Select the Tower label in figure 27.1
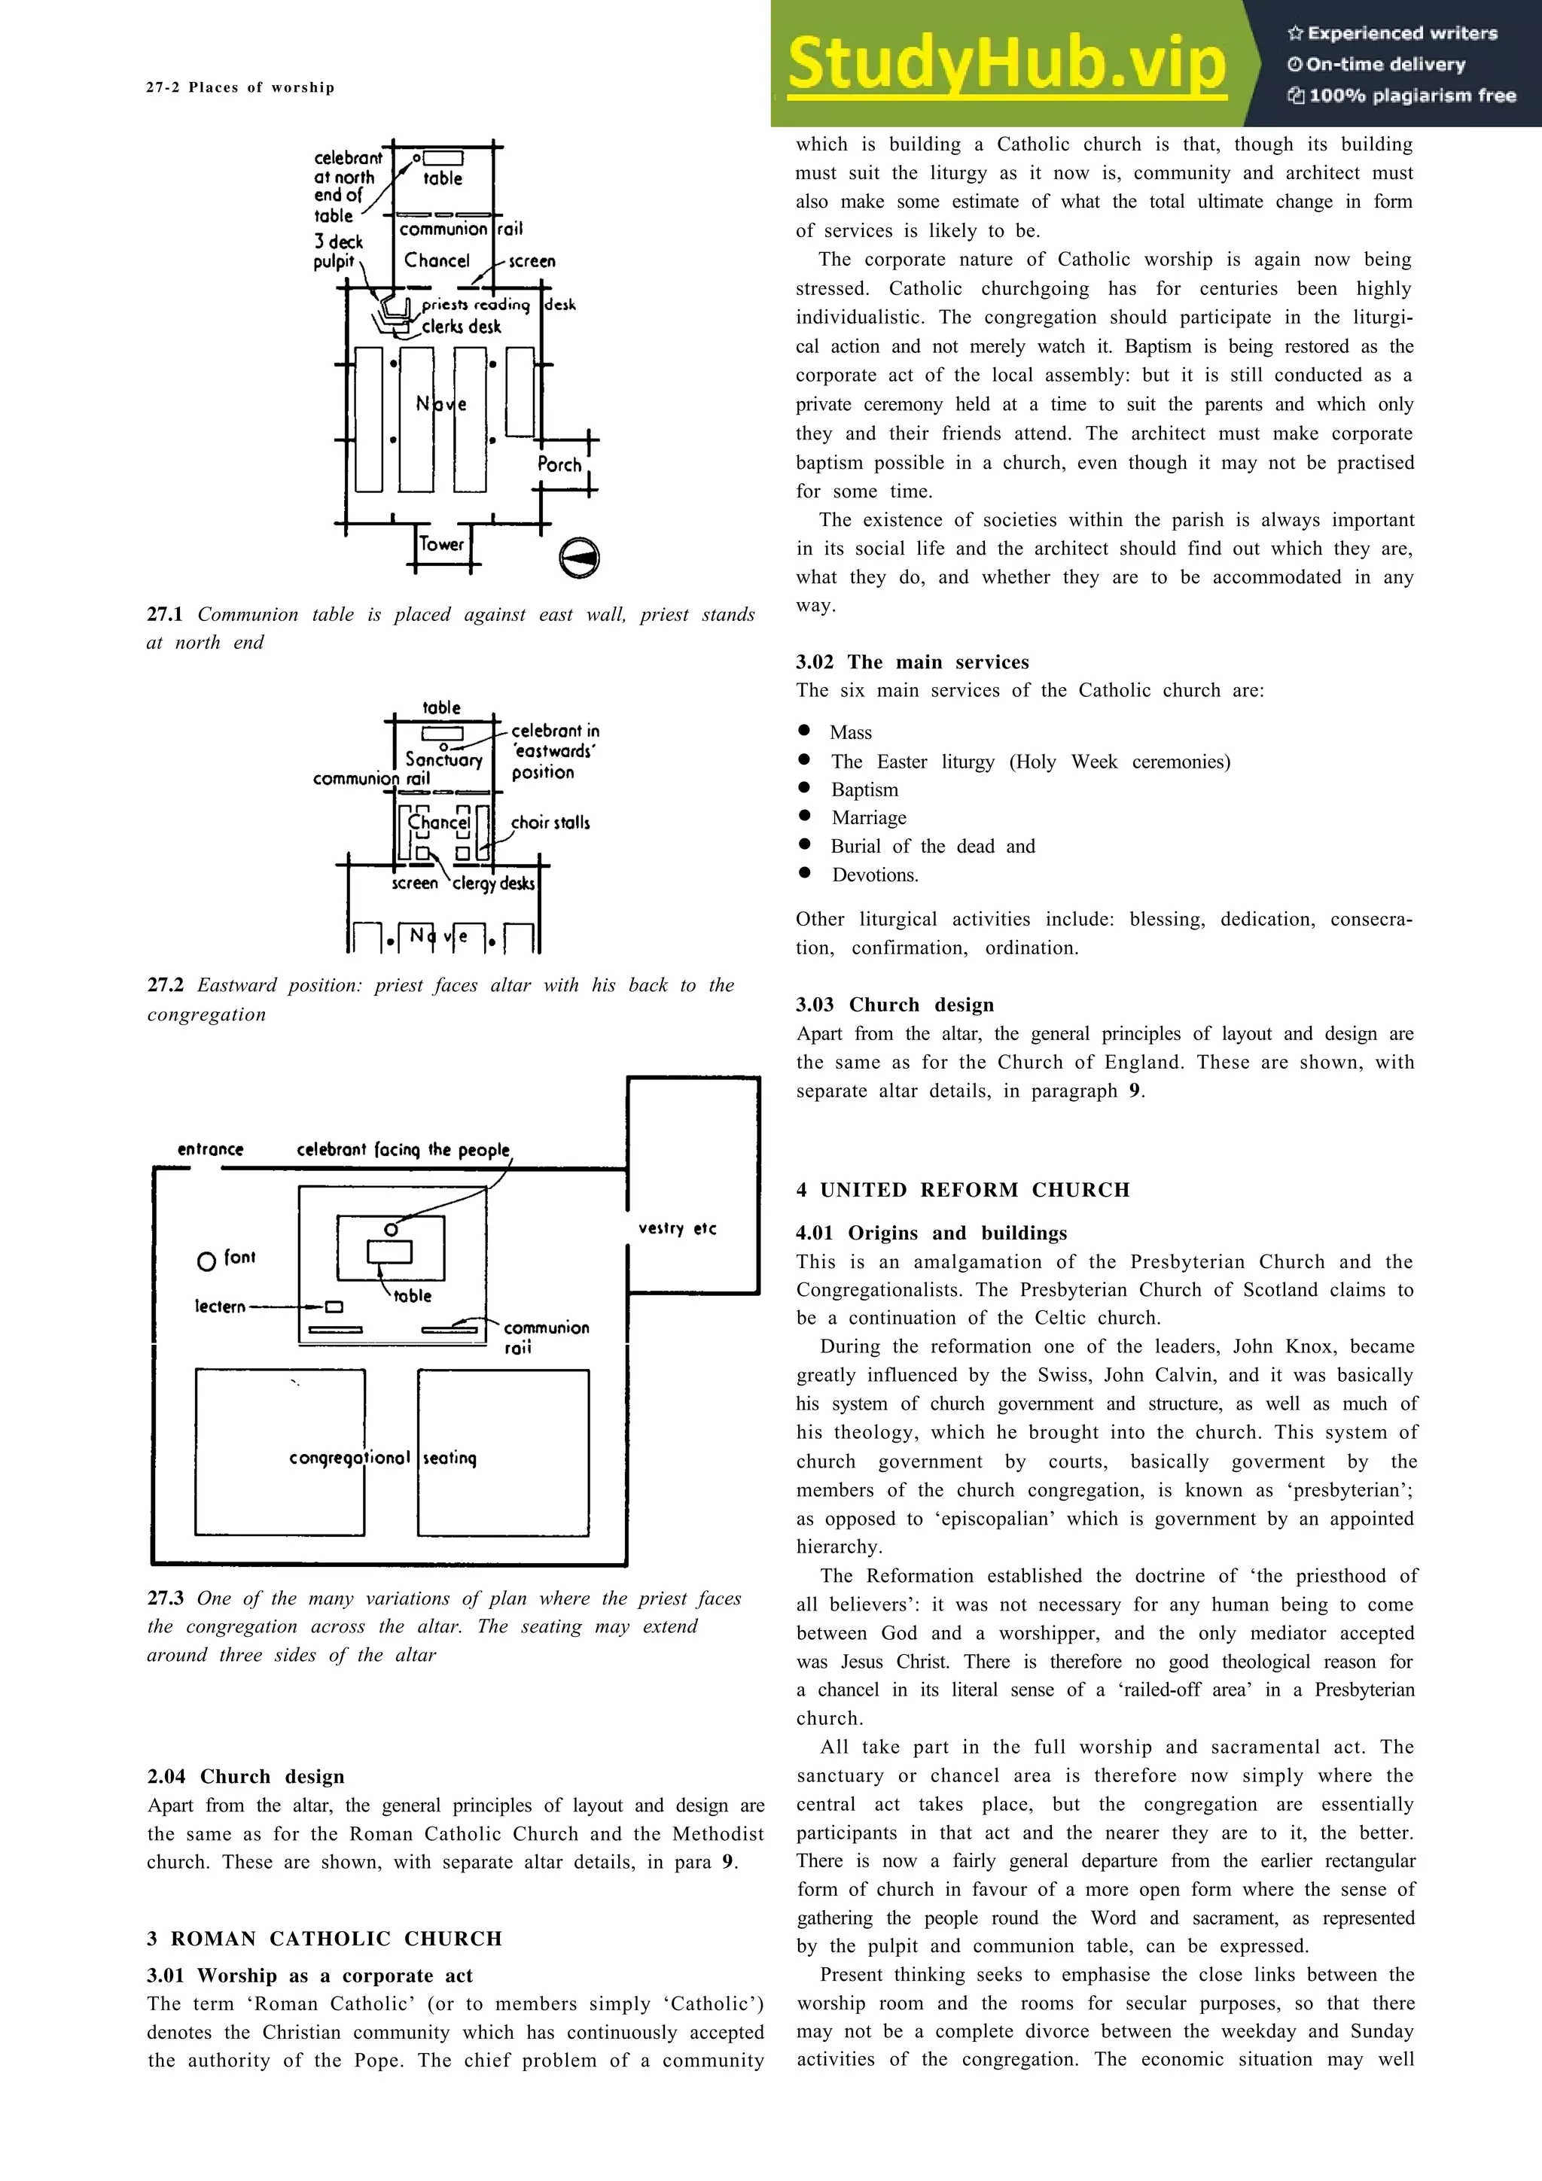point(442,544)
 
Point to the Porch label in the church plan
point(559,464)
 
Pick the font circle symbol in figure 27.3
point(206,1261)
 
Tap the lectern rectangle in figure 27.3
point(334,1307)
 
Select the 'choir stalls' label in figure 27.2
point(550,823)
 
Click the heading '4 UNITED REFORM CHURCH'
point(962,1191)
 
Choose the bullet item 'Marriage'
point(868,818)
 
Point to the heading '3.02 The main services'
point(912,662)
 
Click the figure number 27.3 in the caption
point(166,1598)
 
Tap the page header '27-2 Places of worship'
point(240,87)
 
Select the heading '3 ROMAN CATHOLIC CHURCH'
point(324,1939)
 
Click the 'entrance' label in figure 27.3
point(210,1149)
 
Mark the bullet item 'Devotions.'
point(875,875)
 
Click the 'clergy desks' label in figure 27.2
point(493,884)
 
